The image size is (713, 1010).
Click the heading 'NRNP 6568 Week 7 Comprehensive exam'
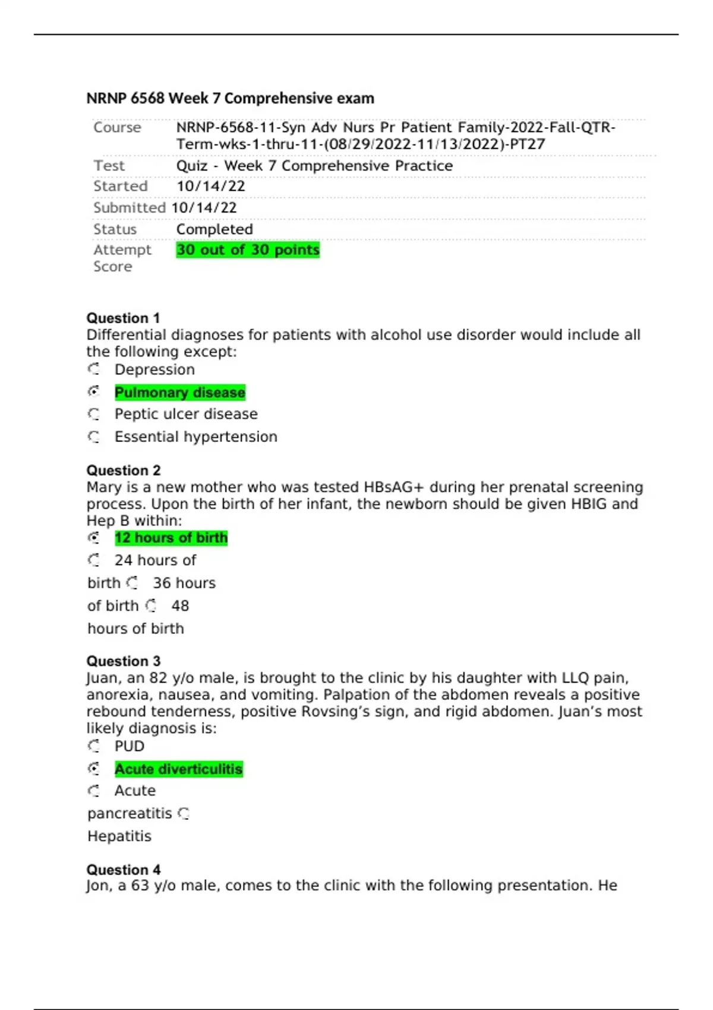pyautogui.click(x=230, y=98)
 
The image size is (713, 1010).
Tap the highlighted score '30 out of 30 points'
pyautogui.click(x=248, y=250)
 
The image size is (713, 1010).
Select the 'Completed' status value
pyautogui.click(x=214, y=229)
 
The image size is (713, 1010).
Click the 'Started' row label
pyautogui.click(x=120, y=187)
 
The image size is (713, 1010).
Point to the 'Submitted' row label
pyautogui.click(x=129, y=208)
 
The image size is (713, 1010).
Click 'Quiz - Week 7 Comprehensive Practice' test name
pyautogui.click(x=314, y=166)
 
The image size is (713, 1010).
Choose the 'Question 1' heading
pyautogui.click(x=123, y=318)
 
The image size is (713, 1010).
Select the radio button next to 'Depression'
pyautogui.click(x=94, y=370)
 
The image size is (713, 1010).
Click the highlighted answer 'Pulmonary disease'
pyautogui.click(x=179, y=393)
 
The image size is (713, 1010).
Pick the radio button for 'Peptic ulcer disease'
pyautogui.click(x=94, y=414)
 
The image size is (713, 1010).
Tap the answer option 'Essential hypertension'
pyautogui.click(x=195, y=437)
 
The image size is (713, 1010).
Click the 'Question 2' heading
pyautogui.click(x=124, y=470)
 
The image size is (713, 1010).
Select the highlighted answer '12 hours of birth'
pyautogui.click(x=171, y=538)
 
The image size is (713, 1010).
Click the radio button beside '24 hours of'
pyautogui.click(x=94, y=560)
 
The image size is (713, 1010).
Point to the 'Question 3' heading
pyautogui.click(x=124, y=661)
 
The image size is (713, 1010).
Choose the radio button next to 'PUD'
pyautogui.click(x=94, y=746)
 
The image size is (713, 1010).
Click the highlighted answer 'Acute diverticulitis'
pyautogui.click(x=178, y=769)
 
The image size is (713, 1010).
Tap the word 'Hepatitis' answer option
pyautogui.click(x=119, y=836)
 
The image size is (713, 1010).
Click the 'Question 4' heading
pyautogui.click(x=124, y=869)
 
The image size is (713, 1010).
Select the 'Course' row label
pyautogui.click(x=117, y=128)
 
